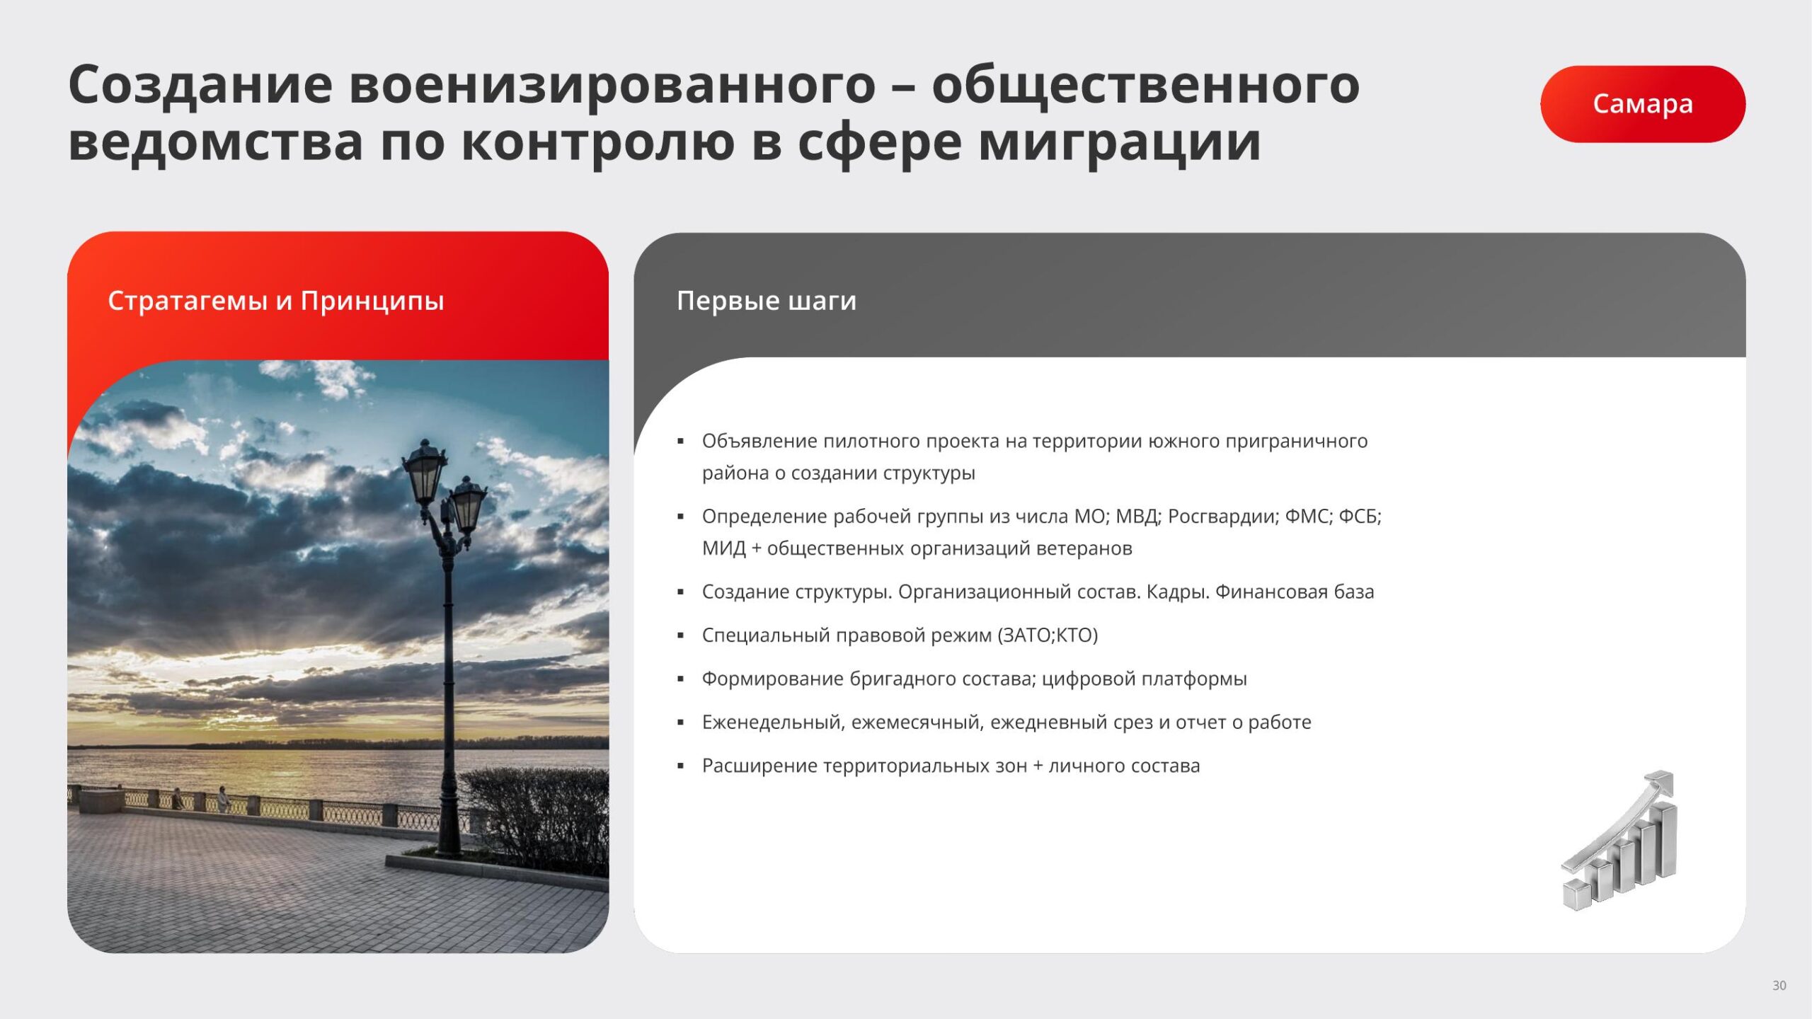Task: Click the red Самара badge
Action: click(1643, 104)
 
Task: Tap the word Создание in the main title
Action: click(200, 85)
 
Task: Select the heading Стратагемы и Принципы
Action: click(276, 301)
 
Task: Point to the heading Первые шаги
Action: click(767, 301)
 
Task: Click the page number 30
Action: click(1779, 985)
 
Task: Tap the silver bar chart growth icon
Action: click(1619, 841)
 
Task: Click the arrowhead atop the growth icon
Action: click(1661, 783)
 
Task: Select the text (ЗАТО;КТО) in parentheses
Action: click(1048, 635)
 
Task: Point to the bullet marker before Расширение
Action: click(681, 766)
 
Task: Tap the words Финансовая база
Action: click(1295, 592)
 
